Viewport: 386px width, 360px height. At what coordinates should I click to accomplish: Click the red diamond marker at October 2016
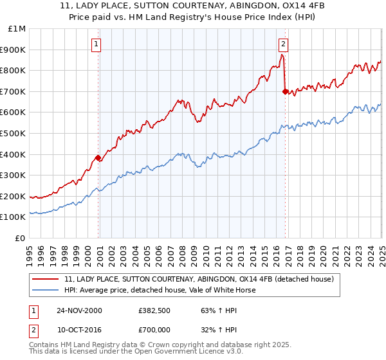tap(285, 91)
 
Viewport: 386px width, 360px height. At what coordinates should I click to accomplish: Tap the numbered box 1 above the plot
tap(96, 44)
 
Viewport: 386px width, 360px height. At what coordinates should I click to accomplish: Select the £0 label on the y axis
tap(20, 238)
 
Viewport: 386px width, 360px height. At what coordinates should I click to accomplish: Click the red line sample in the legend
tap(46, 280)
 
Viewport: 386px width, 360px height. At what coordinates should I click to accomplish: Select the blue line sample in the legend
tap(46, 290)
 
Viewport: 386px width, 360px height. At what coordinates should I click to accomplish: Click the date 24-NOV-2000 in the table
tap(79, 310)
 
